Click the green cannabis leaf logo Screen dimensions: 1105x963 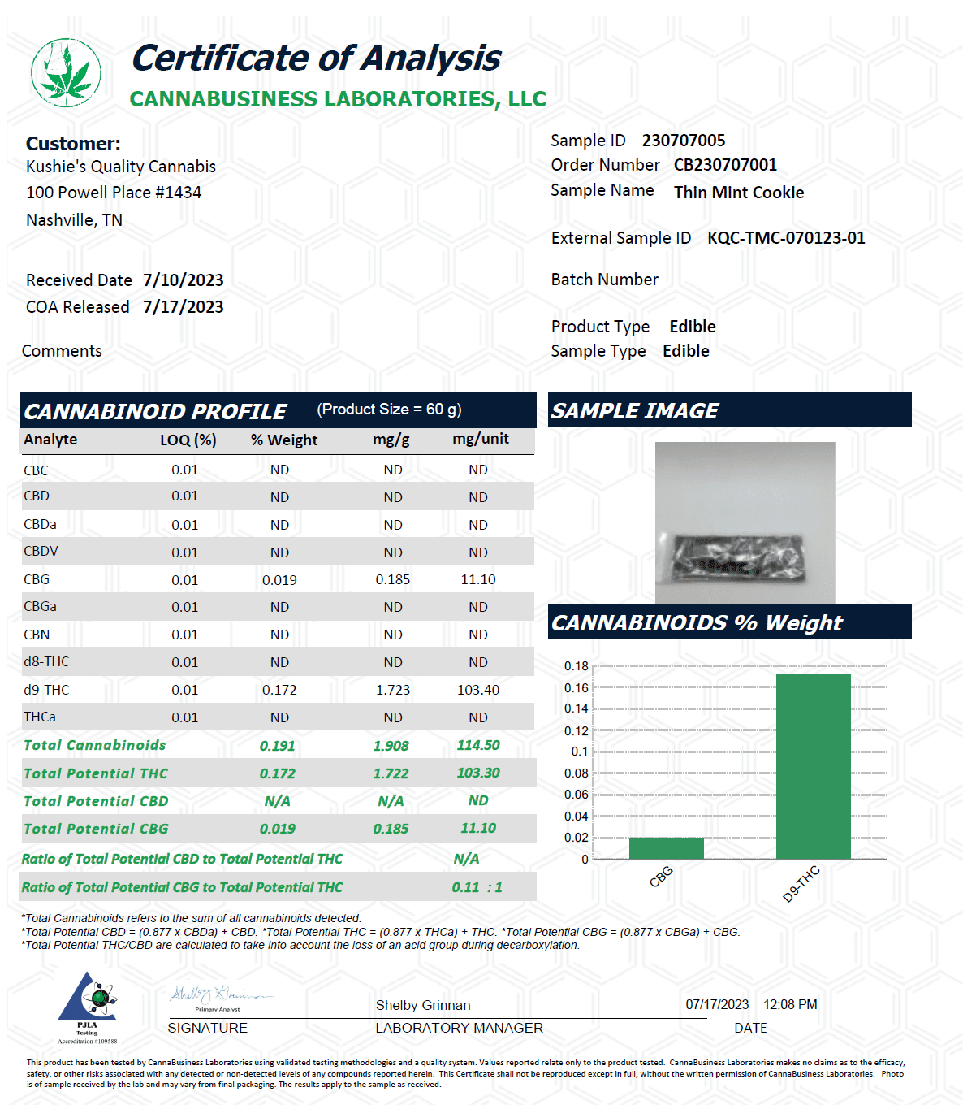67,73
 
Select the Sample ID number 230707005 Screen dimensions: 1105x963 684,141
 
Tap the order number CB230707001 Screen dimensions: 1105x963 725,165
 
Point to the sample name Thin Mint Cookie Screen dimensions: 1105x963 739,193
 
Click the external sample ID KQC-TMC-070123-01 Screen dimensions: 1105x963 786,238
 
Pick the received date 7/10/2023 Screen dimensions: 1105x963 184,280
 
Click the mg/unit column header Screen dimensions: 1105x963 481,439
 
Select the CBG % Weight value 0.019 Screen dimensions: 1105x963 279,580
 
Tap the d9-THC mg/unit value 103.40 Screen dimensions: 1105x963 478,690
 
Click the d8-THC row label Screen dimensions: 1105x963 46,662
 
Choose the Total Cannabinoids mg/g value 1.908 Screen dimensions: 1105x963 391,746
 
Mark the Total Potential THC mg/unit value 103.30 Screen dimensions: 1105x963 478,773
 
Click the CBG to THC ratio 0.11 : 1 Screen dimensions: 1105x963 477,887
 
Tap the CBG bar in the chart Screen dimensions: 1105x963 666,848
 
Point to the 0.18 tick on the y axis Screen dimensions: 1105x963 577,666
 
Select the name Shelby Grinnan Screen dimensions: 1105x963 423,1006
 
